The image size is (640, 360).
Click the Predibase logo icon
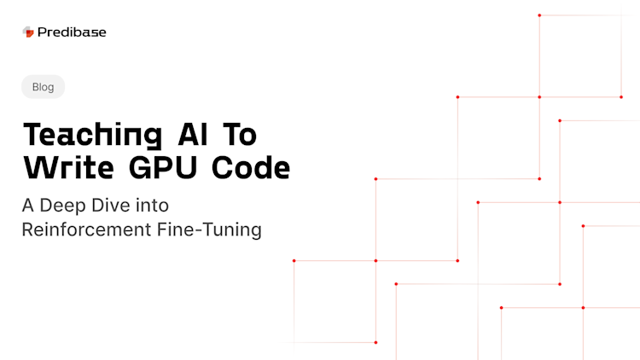coord(28,32)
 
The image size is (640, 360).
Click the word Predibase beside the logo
coord(72,32)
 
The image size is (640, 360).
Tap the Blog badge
coord(43,86)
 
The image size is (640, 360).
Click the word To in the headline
coord(241,134)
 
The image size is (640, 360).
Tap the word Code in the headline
coord(253,168)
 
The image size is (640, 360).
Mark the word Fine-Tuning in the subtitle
coord(211,229)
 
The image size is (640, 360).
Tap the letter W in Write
coord(38,168)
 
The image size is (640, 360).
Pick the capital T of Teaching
coord(32,134)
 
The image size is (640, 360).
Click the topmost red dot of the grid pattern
coord(539,15)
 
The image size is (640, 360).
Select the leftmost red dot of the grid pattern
coord(294,260)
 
